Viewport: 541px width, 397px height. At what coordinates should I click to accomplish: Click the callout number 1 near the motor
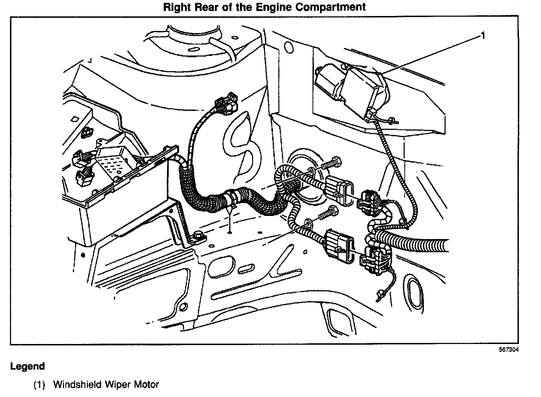[x=483, y=35]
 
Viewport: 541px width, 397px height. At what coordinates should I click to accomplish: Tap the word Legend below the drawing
[x=27, y=366]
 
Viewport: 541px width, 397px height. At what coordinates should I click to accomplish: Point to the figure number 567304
[x=508, y=350]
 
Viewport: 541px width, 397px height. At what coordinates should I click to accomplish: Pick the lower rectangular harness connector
[x=338, y=247]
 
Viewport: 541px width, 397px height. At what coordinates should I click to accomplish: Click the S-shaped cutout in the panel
[x=242, y=142]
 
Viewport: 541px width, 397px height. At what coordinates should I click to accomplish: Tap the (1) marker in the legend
[x=39, y=385]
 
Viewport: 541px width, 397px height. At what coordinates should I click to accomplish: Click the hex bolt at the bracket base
[x=198, y=236]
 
